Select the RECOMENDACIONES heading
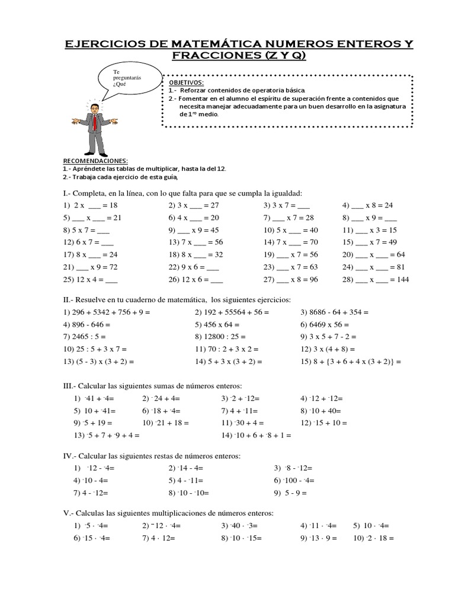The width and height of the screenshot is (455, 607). pyautogui.click(x=95, y=161)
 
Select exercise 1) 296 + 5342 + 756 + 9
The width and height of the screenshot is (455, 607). pyautogui.click(x=107, y=312)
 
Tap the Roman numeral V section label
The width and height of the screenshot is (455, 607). pyautogui.click(x=68, y=513)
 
